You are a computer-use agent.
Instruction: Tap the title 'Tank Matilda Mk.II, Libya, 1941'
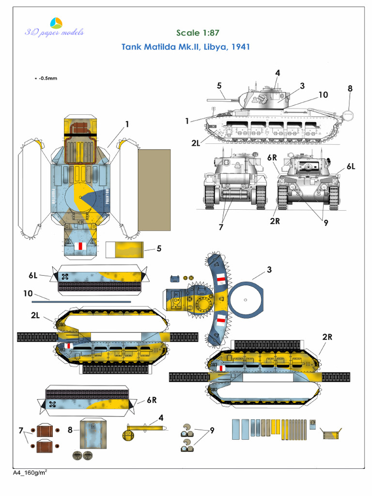pyautogui.click(x=185, y=47)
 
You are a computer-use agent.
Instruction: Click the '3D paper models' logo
pyautogui.click(x=54, y=28)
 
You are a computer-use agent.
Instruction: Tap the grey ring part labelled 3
pyautogui.click(x=246, y=300)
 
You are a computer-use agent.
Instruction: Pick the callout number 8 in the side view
pyautogui.click(x=350, y=89)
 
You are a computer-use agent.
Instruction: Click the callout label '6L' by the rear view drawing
pyautogui.click(x=351, y=166)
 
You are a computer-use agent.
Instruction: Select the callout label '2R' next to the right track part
pyautogui.click(x=327, y=337)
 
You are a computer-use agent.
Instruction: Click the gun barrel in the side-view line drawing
pyautogui.click(x=223, y=99)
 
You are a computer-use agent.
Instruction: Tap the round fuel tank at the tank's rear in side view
pyautogui.click(x=348, y=115)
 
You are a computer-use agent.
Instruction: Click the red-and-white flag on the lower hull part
pyautogui.click(x=81, y=246)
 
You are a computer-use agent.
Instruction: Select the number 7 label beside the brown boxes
pyautogui.click(x=21, y=430)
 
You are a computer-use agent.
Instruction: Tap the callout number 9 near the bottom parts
pyautogui.click(x=212, y=430)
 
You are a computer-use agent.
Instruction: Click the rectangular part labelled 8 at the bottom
pyautogui.click(x=93, y=433)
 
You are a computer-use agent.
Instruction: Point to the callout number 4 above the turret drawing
pyautogui.click(x=278, y=73)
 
